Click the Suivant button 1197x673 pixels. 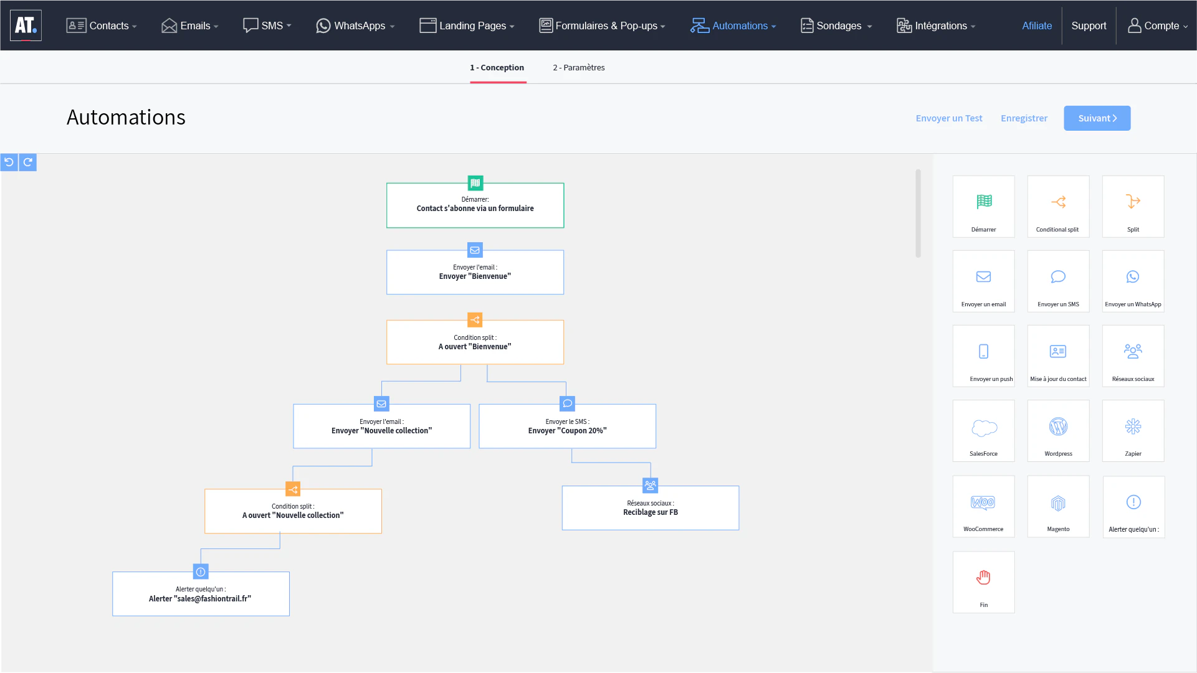(1097, 118)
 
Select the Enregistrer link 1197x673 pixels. (1024, 118)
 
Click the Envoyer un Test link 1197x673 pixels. (948, 118)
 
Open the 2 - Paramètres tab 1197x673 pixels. (578, 67)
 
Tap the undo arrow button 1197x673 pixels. (9, 162)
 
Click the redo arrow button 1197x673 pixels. (28, 162)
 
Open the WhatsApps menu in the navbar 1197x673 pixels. (355, 26)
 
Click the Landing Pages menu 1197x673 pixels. (467, 26)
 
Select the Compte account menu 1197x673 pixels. (1158, 26)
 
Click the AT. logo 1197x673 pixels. (26, 26)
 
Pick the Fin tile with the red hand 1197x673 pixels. (983, 582)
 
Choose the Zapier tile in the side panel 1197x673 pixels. (1133, 431)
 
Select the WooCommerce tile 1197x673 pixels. (983, 506)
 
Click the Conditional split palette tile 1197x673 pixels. (1058, 207)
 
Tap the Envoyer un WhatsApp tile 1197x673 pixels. (1133, 281)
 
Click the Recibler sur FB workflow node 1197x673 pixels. (651, 508)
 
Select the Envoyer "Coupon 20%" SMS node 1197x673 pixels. (567, 426)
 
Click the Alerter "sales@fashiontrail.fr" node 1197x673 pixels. (201, 594)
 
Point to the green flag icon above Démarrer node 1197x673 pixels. (475, 183)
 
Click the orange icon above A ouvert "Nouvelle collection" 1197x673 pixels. (293, 489)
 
